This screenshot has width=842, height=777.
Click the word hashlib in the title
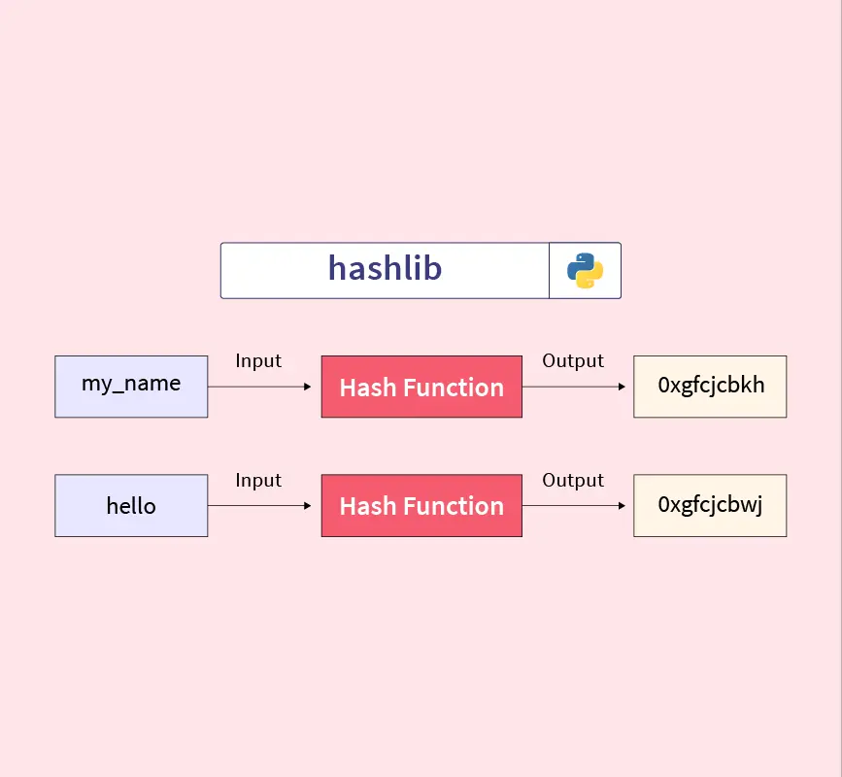point(385,268)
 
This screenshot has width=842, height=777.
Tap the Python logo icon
point(585,271)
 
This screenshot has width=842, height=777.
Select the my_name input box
point(131,387)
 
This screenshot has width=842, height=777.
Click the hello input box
point(131,505)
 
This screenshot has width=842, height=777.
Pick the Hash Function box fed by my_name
point(421,387)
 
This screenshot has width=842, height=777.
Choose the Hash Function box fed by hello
point(421,505)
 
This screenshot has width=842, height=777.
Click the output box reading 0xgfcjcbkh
point(710,387)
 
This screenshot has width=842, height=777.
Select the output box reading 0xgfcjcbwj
point(710,505)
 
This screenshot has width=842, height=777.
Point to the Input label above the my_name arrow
point(258,361)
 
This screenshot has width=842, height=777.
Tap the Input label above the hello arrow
point(258,481)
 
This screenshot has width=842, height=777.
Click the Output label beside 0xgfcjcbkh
point(573,361)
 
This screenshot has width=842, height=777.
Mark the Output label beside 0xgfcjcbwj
point(573,481)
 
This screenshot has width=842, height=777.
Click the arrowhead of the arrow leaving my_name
point(308,387)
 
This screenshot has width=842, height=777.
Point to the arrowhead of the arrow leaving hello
point(308,505)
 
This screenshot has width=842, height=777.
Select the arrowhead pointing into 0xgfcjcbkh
point(622,387)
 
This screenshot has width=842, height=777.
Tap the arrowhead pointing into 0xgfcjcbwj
point(622,505)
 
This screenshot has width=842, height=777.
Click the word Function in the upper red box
point(454,388)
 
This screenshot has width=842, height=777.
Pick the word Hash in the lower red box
point(368,506)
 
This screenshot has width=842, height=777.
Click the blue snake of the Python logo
point(581,265)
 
